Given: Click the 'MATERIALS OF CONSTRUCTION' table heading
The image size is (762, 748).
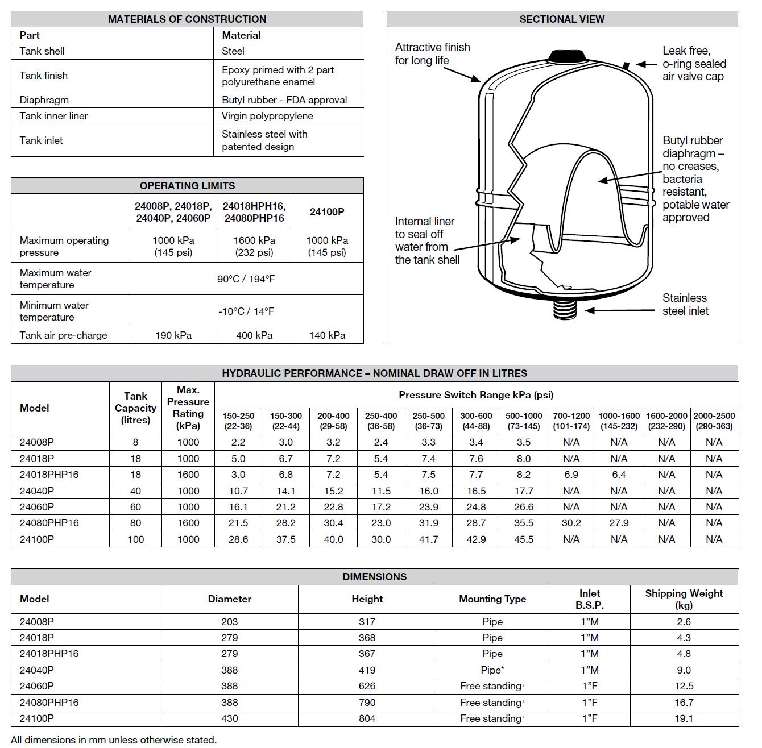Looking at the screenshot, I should coord(187,19).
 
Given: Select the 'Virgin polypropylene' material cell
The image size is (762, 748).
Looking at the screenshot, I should coord(267,116).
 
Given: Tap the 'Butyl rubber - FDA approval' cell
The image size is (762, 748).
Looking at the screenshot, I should coord(284,100).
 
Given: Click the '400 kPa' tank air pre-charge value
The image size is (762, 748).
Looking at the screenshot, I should coord(254,335).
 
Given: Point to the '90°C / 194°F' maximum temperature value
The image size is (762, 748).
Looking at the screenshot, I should coord(246,279).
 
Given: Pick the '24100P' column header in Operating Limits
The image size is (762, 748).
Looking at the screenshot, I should coord(327,212).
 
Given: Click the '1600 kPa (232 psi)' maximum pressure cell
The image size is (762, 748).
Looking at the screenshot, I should coord(254,246).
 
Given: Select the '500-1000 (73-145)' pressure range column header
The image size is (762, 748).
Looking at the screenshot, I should coord(524,421).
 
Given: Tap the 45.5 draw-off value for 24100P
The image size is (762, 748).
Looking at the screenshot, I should coord(524,539).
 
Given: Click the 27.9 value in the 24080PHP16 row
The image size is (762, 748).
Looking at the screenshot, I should coord(619,523).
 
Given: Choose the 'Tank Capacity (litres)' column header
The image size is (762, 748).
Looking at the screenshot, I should coord(135,408).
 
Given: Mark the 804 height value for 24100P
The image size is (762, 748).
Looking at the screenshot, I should coord(367,718).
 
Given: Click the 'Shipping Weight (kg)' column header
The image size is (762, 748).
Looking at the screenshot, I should coord(684,599).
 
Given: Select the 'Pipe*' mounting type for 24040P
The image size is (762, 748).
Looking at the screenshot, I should coord(492,670).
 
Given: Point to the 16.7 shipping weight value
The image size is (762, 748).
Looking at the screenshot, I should coord(684,703).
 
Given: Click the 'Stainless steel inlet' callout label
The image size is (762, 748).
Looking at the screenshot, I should coord(685,305).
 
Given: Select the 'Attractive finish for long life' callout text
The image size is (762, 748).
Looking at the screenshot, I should coord(432,54).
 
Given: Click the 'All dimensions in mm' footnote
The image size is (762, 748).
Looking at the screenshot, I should coord(114,740).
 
